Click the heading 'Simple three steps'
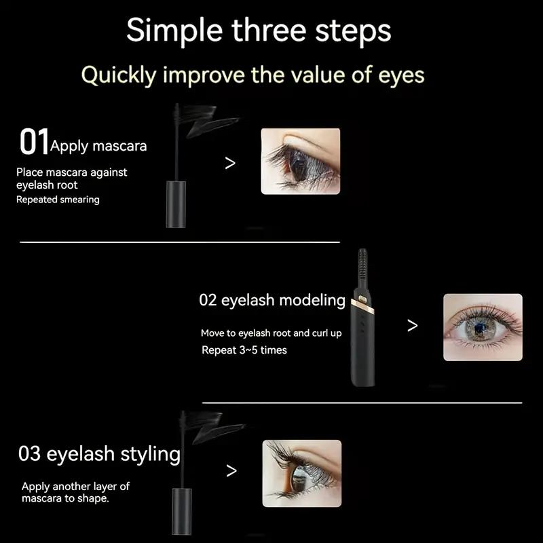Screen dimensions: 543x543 [259, 31]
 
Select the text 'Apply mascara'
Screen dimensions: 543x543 [98, 146]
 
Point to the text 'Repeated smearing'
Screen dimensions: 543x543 [58, 200]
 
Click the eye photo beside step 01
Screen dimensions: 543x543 [300, 162]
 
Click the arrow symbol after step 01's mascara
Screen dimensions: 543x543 [230, 163]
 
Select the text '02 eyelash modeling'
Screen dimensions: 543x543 [272, 300]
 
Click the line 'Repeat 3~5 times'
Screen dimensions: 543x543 [244, 350]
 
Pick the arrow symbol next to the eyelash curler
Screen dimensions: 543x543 [412, 326]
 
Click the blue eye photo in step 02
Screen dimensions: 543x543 [483, 327]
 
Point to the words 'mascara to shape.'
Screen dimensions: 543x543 [65, 498]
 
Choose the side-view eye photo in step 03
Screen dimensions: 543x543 [301, 473]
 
